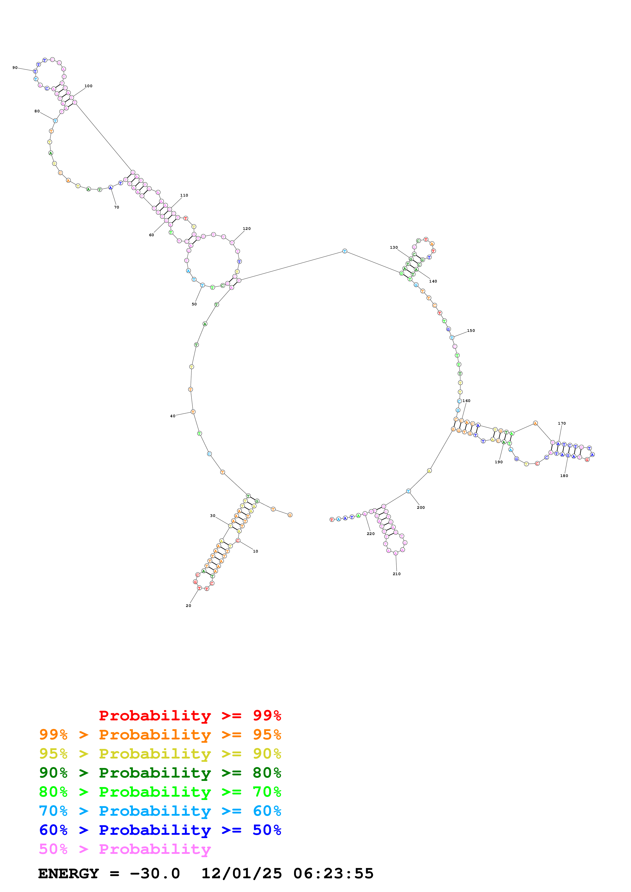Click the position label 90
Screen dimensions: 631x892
pyautogui.click(x=15, y=68)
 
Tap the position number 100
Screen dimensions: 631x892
pyautogui.click(x=88, y=86)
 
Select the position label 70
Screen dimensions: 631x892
pyautogui.click(x=117, y=207)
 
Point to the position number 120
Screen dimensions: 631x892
pyautogui.click(x=246, y=228)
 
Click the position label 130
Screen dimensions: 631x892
pyautogui.click(x=394, y=247)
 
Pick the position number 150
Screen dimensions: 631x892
pyautogui.click(x=471, y=330)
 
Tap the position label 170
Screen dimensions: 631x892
pyautogui.click(x=562, y=423)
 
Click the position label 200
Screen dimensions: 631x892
pyautogui.click(x=421, y=507)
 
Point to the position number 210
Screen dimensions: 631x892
pyautogui.click(x=397, y=574)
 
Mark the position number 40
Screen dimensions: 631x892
pyautogui.click(x=173, y=416)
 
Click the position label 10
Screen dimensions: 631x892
pyautogui.click(x=256, y=551)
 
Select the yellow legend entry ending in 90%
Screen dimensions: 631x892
pyautogui.click(x=160, y=753)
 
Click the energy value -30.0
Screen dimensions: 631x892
pyautogui.click(x=155, y=873)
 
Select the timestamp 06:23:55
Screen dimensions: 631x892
pyautogui.click(x=333, y=873)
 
